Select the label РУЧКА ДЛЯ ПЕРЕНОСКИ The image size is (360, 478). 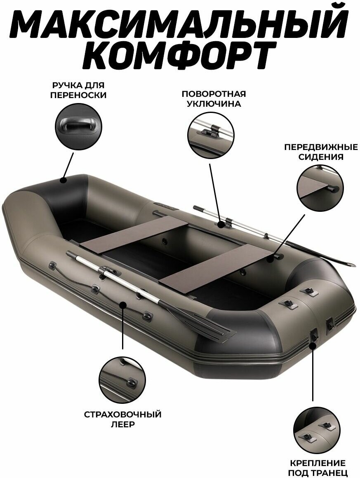78,90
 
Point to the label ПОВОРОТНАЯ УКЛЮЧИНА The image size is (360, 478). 214,98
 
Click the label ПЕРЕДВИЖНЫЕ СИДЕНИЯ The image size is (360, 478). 320,152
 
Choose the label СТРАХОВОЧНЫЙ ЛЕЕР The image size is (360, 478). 123,419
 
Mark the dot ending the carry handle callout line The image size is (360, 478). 63,180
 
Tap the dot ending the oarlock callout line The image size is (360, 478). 221,225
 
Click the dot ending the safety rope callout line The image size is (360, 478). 123,304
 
